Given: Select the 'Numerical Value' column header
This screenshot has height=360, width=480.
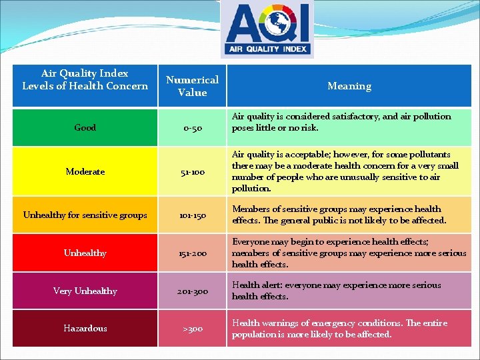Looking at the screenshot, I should [x=192, y=85].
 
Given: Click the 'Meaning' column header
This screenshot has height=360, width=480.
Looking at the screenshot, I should [x=349, y=85].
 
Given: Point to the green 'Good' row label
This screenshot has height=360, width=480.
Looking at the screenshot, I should [x=85, y=127].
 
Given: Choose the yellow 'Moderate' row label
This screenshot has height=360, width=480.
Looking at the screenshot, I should [x=85, y=171].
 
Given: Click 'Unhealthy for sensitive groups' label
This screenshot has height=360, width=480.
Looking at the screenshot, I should [x=85, y=215].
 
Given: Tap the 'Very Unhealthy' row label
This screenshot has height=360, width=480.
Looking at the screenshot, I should [x=85, y=291].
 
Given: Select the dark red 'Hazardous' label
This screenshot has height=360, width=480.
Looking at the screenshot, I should [x=85, y=328].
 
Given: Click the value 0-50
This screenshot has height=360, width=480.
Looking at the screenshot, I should [x=192, y=127].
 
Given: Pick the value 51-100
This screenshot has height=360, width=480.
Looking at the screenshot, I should [x=192, y=171].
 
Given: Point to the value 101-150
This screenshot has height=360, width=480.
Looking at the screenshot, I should [x=192, y=215].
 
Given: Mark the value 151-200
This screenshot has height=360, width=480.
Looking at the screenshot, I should [x=192, y=253].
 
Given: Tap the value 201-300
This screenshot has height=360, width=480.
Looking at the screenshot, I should [x=192, y=291].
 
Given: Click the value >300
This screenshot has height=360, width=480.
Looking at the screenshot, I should [x=192, y=328].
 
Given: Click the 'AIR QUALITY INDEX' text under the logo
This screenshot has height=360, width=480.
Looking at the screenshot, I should [x=267, y=48].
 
